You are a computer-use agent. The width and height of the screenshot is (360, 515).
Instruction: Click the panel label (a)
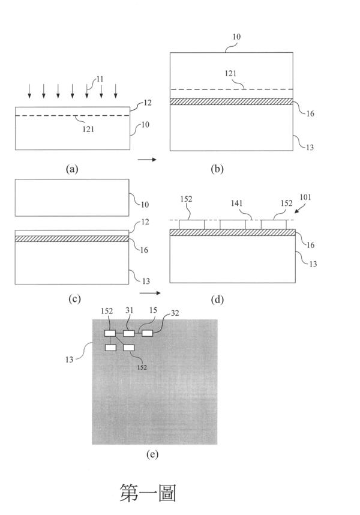(x=72, y=169)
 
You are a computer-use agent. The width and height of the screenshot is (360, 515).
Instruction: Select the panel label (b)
(x=217, y=169)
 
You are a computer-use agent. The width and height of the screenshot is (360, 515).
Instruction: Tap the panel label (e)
(x=152, y=454)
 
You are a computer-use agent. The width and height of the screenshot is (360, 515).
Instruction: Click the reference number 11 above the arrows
(x=100, y=79)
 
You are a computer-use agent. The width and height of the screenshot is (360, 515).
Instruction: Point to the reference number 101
(x=305, y=197)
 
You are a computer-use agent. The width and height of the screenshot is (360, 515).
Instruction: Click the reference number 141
(x=236, y=203)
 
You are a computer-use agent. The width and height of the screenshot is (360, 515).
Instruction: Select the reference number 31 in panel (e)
(x=129, y=310)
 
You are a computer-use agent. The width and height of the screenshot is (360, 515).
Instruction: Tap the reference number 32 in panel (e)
(x=175, y=313)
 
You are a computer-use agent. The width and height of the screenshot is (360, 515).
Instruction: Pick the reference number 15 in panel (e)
(x=153, y=310)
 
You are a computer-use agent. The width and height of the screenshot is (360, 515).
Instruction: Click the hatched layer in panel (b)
(x=232, y=101)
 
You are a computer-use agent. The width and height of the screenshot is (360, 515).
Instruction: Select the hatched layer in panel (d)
(x=232, y=232)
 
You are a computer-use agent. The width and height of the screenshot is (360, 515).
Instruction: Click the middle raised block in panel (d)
(x=233, y=224)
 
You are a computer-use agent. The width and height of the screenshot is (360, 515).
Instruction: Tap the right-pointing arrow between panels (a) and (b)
(x=147, y=160)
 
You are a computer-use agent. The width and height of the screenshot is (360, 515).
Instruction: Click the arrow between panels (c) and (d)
(x=150, y=293)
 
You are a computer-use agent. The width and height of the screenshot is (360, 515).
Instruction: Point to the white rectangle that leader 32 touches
(x=148, y=333)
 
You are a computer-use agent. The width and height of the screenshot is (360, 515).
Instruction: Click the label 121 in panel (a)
(x=88, y=129)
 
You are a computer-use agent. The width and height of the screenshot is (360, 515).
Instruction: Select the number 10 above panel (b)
(x=236, y=37)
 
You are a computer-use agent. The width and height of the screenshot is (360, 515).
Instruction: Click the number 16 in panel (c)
(x=144, y=250)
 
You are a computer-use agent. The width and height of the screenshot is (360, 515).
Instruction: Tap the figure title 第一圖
(x=148, y=492)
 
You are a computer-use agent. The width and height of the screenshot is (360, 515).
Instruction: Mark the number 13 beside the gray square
(x=69, y=360)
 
